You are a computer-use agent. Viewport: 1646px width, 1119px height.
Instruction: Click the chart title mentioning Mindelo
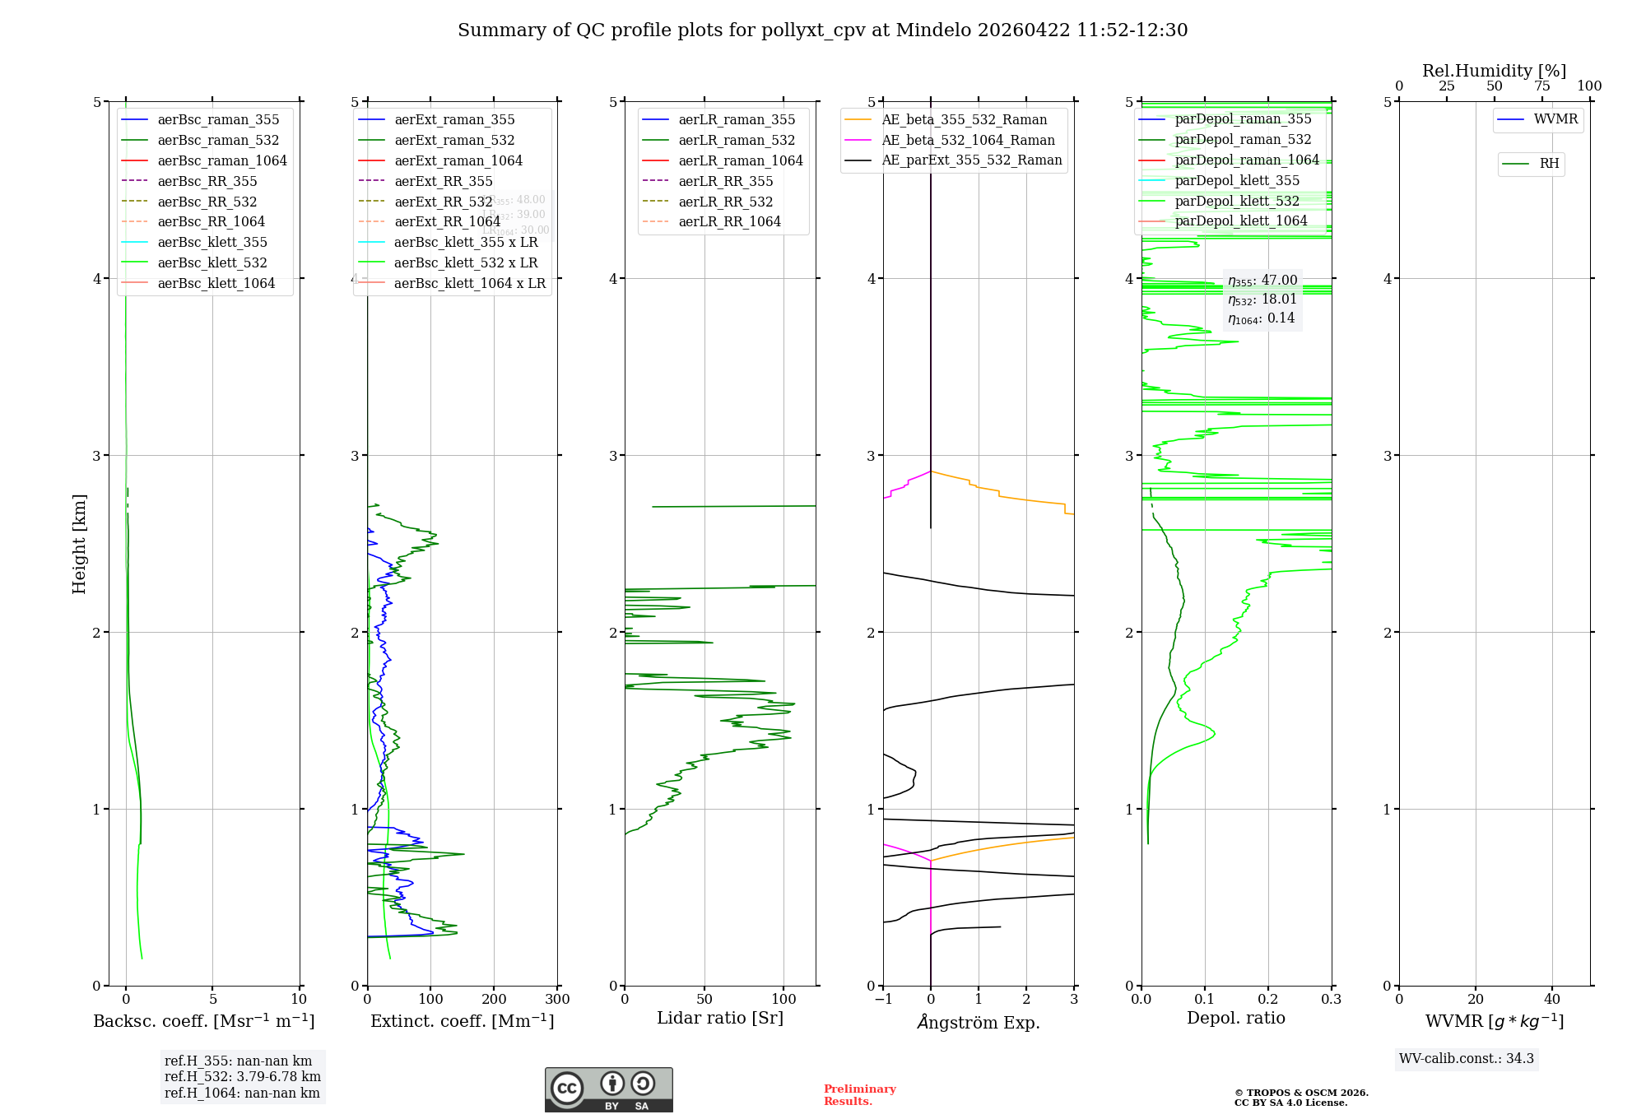[822, 30]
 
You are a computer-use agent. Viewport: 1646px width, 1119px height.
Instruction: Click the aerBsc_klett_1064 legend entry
[216, 283]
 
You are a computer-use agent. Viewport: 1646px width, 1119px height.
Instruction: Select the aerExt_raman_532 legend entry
[454, 140]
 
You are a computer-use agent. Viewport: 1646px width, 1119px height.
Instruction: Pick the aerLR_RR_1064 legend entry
[729, 221]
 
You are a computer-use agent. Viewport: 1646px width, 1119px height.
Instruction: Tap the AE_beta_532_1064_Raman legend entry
[968, 140]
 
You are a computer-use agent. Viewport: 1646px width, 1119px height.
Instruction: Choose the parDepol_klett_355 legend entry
[1237, 180]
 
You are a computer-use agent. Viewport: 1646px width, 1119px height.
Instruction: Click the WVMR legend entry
[1555, 119]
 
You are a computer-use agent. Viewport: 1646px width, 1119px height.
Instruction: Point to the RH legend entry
[1549, 164]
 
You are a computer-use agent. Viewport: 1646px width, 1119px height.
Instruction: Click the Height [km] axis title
[79, 543]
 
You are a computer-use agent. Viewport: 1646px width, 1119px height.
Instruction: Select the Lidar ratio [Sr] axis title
[720, 1018]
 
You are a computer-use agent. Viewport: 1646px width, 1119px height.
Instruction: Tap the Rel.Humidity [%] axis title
[1494, 71]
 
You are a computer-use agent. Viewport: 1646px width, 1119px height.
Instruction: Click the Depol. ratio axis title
[1235, 1018]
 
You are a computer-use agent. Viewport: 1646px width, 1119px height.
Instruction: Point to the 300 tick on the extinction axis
[557, 1000]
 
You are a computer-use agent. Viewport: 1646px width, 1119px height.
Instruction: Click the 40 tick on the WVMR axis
[1552, 1000]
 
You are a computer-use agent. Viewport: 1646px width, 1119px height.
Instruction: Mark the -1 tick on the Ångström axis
[882, 1000]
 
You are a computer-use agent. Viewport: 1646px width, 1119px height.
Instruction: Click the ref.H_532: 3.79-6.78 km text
[242, 1076]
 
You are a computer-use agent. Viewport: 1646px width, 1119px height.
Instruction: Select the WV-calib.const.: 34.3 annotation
[1466, 1058]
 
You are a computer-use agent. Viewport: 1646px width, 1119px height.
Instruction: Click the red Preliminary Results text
[859, 1094]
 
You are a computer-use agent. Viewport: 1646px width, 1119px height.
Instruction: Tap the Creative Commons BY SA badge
[608, 1089]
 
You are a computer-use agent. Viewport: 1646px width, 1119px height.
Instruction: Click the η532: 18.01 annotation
[1262, 299]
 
